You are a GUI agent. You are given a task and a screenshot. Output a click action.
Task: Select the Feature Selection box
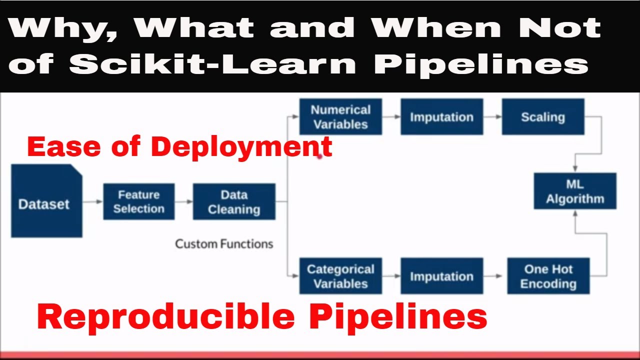click(x=138, y=201)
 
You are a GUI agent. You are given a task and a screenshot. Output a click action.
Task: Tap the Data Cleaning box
click(x=234, y=201)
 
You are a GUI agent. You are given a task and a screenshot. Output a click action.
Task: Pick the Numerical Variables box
click(x=340, y=116)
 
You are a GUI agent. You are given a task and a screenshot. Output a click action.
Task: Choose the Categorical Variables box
click(x=340, y=276)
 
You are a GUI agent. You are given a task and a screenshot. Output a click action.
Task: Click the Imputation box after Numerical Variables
click(x=441, y=116)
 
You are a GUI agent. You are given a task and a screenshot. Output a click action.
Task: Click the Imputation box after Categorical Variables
click(x=441, y=276)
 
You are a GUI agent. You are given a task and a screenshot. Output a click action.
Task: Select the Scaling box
click(x=543, y=116)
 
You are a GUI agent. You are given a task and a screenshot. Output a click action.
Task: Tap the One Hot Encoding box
click(x=548, y=276)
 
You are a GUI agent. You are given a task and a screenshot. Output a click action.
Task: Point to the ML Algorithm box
click(x=575, y=191)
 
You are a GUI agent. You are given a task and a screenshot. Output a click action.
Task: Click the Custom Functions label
click(x=224, y=244)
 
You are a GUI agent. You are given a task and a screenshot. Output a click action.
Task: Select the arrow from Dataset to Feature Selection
click(x=92, y=201)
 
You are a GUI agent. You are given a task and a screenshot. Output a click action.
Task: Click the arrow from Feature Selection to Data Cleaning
click(x=183, y=201)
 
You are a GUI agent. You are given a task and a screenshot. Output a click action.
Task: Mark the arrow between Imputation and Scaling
click(x=492, y=116)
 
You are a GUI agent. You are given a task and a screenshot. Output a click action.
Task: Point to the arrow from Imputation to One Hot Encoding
click(x=495, y=276)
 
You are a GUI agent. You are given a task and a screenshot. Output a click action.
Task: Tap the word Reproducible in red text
click(x=165, y=316)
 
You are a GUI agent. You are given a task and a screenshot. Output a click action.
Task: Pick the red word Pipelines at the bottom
click(x=397, y=316)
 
